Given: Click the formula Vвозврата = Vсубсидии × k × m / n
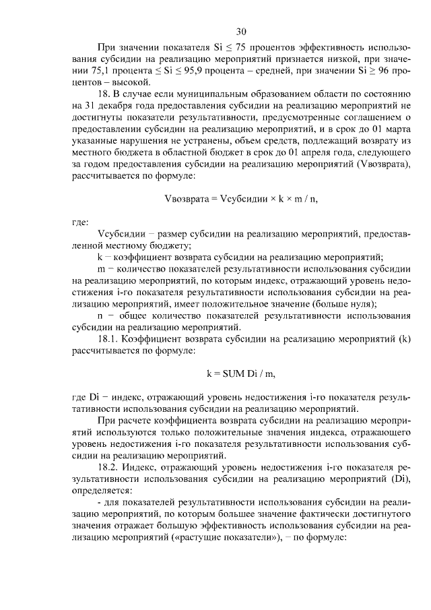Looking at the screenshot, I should coord(241,198).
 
